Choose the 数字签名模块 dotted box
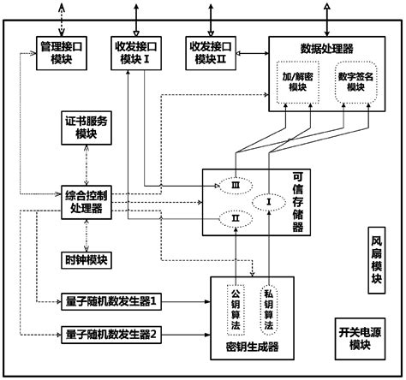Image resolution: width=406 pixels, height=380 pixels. [x=359, y=81]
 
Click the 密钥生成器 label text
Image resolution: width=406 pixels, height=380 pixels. [x=252, y=347]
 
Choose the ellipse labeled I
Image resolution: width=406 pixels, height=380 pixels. [x=268, y=202]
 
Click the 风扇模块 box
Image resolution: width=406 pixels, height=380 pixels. [x=378, y=261]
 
